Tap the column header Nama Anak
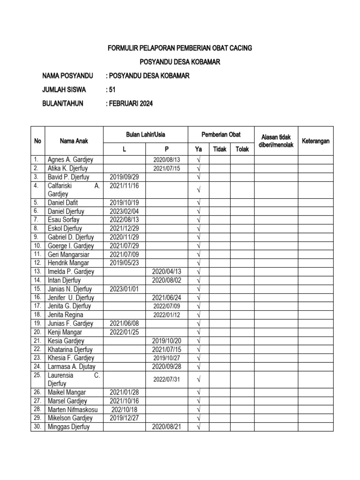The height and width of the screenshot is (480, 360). tap(74, 140)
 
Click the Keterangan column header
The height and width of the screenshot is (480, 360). tap(315, 140)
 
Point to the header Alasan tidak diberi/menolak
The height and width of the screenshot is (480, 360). tap(276, 141)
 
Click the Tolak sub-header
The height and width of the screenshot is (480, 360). tap(242, 149)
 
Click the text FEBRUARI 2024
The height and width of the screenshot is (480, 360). tap(131, 104)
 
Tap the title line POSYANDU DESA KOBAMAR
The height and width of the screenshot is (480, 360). tap(180, 62)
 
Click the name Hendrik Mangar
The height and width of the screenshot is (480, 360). tap(68, 262)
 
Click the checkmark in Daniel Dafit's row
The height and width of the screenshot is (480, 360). tap(199, 202)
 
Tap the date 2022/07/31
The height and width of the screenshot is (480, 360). tap(166, 379)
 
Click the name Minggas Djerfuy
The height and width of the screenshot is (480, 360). tap(68, 427)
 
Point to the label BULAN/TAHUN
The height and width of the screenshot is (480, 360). tap(62, 104)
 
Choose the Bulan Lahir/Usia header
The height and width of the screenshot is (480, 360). tap(145, 135)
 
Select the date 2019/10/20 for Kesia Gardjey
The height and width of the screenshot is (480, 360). tap(166, 341)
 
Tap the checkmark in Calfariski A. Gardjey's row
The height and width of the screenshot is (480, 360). tap(199, 190)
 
